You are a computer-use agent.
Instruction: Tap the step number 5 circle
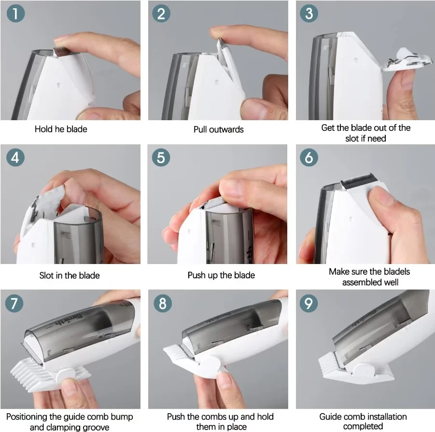[162, 158]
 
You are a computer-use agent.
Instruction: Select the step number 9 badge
[309, 303]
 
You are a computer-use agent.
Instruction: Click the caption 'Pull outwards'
[218, 129]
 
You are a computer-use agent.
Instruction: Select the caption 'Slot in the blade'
[70, 276]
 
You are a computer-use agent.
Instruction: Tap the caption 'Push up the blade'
[221, 276]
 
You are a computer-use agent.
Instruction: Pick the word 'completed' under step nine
[363, 426]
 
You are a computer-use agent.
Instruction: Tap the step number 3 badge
[309, 14]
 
